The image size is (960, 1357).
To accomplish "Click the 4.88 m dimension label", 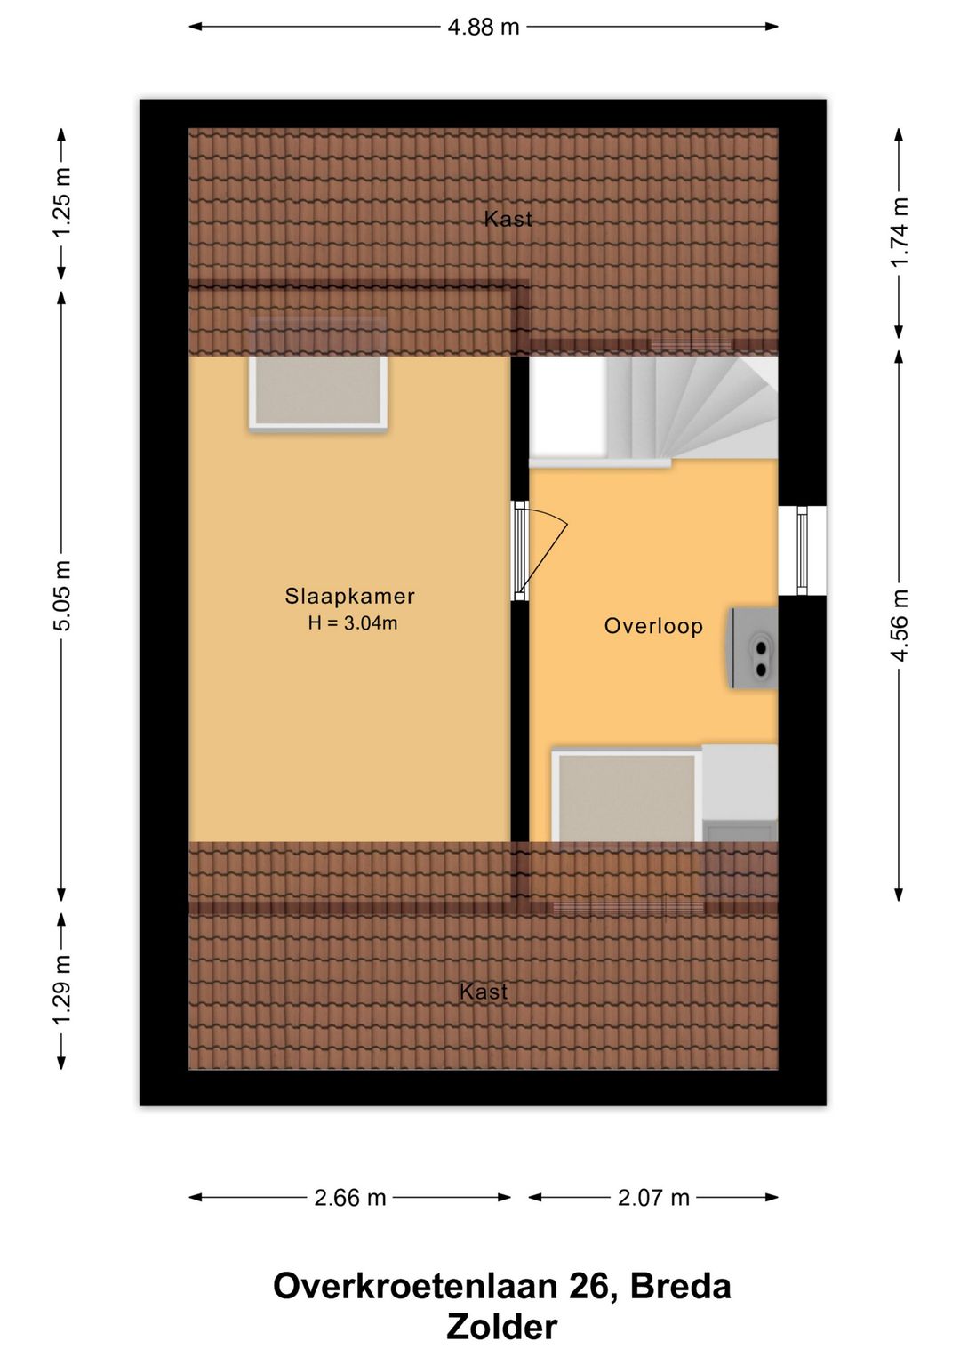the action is tap(484, 27).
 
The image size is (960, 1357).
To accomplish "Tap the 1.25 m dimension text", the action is tap(62, 203).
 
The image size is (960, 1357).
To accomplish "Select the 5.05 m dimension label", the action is tap(62, 596).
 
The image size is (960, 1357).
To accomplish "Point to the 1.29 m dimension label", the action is tap(62, 989).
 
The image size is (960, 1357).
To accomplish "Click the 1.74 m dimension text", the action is tap(900, 231).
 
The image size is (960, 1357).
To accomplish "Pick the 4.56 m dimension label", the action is tap(900, 624).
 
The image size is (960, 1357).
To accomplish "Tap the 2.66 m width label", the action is tap(350, 1198).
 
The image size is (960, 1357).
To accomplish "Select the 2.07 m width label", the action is tap(653, 1198).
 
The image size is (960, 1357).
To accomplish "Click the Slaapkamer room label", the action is tap(350, 596).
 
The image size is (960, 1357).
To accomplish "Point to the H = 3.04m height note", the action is tap(353, 622).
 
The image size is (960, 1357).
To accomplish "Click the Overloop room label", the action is tap(653, 626).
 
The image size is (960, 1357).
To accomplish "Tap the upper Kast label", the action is tap(508, 219).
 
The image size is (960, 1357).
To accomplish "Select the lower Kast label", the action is tap(484, 992).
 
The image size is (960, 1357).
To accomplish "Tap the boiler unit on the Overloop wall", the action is tap(754, 648).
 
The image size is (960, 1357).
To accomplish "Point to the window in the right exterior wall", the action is tap(802, 550).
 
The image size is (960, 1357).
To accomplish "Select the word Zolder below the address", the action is tap(502, 1328).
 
